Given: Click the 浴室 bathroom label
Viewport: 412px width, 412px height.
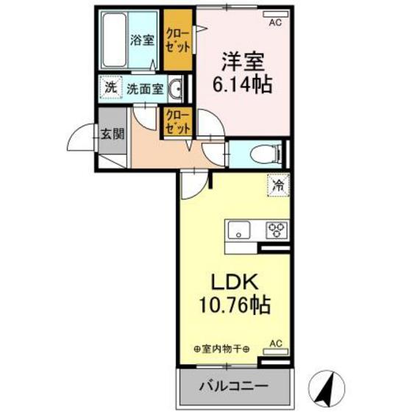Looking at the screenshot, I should coord(143,40).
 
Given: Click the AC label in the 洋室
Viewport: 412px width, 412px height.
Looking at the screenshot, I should coord(274,23).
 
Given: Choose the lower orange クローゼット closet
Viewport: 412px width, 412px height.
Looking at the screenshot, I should coord(178,121).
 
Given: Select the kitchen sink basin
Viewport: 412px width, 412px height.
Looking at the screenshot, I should coord(241,230).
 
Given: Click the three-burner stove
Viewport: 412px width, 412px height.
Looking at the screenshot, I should coord(276,230).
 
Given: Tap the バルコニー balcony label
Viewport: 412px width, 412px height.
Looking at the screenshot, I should coord(231,386).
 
